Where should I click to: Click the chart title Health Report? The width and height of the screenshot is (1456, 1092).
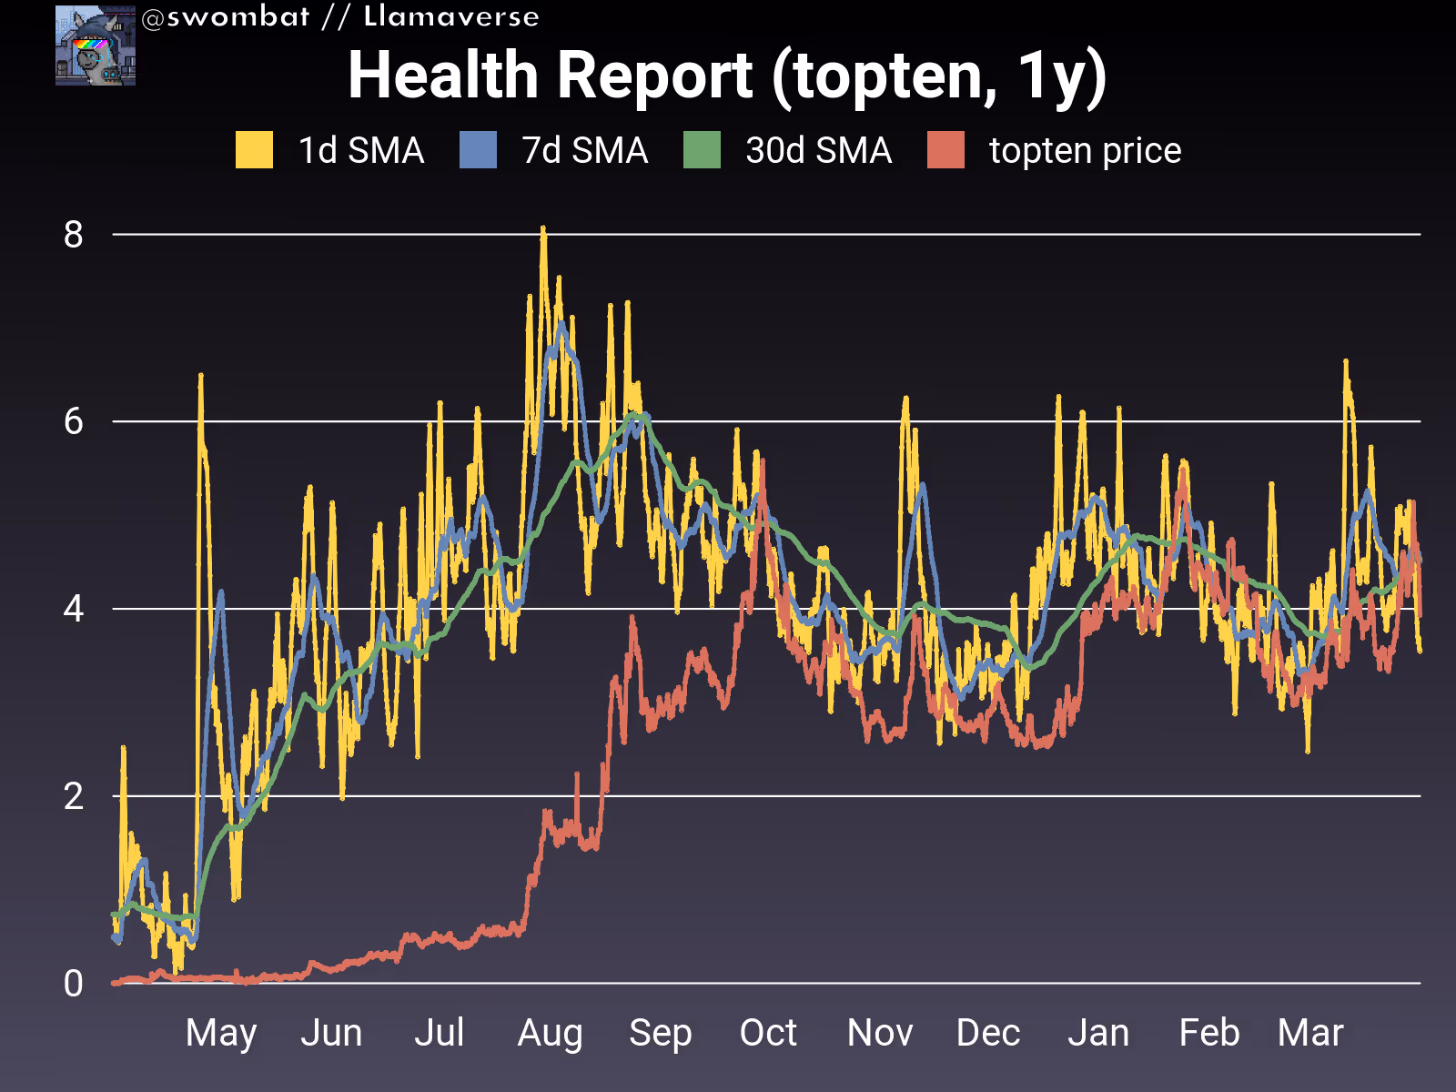[726, 75]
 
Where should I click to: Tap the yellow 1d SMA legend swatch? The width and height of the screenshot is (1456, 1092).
[254, 150]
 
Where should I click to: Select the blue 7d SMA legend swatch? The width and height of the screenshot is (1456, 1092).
[478, 150]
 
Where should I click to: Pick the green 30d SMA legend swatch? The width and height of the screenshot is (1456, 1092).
[702, 150]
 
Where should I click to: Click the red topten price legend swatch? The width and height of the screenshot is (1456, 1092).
[945, 150]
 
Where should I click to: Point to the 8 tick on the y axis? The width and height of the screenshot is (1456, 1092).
[74, 235]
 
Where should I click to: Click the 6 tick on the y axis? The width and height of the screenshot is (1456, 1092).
[74, 421]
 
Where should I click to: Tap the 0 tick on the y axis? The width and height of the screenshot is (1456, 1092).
[74, 984]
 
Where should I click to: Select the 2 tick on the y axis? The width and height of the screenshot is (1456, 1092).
[74, 796]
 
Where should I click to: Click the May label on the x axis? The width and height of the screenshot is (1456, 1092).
[221, 1034]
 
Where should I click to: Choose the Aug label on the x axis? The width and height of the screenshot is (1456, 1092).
[551, 1034]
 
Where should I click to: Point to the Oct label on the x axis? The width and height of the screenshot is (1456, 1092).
[768, 1034]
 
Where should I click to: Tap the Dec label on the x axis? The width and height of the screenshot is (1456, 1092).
[988, 1034]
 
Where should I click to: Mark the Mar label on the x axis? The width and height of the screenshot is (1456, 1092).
[1310, 1034]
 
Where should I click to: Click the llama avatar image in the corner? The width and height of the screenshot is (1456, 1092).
[96, 45]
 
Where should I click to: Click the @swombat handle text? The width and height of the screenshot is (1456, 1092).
[226, 17]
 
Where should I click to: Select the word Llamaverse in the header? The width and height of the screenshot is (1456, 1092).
[451, 17]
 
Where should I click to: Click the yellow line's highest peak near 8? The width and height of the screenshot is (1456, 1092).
[543, 229]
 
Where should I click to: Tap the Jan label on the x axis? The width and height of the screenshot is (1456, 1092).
[1098, 1034]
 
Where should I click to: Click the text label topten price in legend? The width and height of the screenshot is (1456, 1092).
[1085, 150]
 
